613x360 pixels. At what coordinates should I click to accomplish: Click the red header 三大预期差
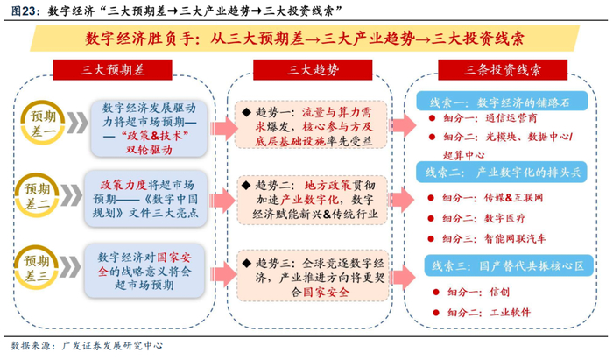pyautogui.click(x=112, y=70)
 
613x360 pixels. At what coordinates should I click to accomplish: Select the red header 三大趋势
pyautogui.click(x=313, y=70)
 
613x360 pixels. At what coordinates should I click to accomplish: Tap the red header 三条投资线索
pyautogui.click(x=503, y=70)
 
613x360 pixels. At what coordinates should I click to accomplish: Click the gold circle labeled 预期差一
pyautogui.click(x=43, y=123)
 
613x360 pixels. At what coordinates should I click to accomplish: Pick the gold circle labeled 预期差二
pyautogui.click(x=37, y=195)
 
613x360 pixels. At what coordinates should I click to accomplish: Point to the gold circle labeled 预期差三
pyautogui.click(x=36, y=267)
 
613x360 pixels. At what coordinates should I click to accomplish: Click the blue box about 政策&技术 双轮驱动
pyautogui.click(x=149, y=129)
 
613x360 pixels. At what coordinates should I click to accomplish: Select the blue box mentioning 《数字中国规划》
pyautogui.click(x=145, y=199)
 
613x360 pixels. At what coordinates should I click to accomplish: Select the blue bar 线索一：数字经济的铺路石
pyautogui.click(x=502, y=102)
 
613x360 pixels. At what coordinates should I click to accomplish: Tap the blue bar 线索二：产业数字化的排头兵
pyautogui.click(x=502, y=173)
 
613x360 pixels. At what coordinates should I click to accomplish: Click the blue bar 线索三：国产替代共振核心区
pyautogui.click(x=509, y=266)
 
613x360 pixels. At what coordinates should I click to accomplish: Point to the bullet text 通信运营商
pyautogui.click(x=511, y=118)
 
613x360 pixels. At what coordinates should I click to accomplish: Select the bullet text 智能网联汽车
pyautogui.click(x=515, y=238)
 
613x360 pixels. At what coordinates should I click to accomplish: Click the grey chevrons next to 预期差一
pyautogui.click(x=77, y=123)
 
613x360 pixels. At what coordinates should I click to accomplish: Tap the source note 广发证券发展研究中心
pyautogui.click(x=112, y=345)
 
